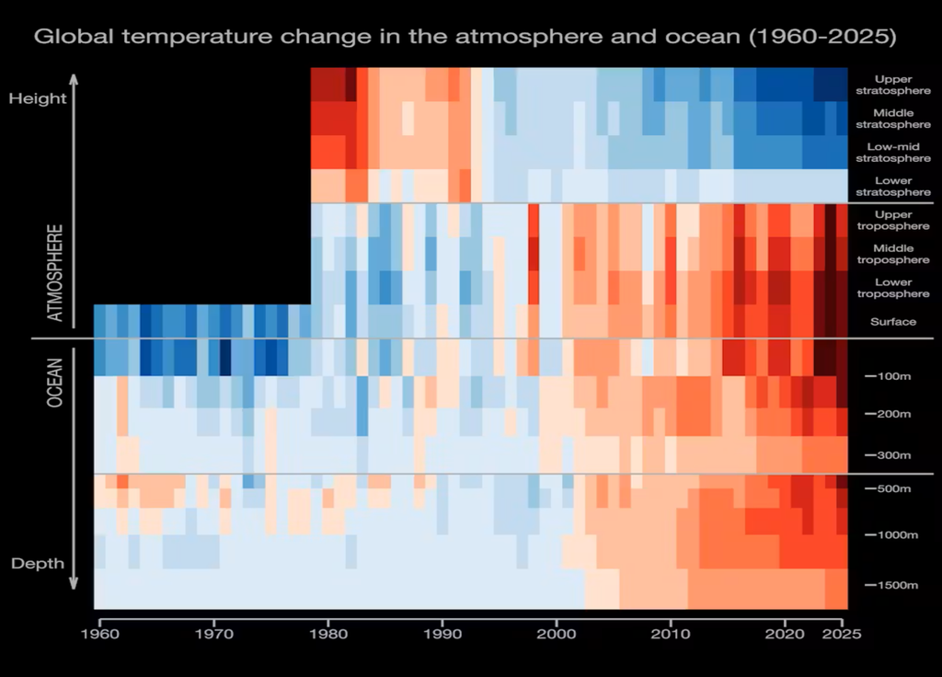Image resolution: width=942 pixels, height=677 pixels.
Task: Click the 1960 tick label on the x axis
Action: (x=98, y=635)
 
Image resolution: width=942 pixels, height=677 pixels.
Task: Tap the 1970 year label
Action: (x=213, y=635)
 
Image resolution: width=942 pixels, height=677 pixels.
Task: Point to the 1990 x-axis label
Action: (x=442, y=635)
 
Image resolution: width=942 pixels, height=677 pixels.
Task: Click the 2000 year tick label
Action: (x=557, y=635)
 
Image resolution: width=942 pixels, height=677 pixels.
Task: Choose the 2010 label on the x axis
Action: (x=671, y=635)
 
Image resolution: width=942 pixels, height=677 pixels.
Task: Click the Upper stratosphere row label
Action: (x=893, y=85)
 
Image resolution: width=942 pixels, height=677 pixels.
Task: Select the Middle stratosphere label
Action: (x=893, y=119)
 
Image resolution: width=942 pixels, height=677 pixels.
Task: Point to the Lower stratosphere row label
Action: (x=893, y=187)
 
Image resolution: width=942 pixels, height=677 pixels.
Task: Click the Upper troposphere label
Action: (x=893, y=220)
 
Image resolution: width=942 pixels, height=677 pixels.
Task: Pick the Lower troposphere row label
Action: (x=893, y=288)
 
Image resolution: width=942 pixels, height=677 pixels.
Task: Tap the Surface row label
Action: (x=893, y=322)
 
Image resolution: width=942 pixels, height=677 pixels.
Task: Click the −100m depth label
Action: (x=887, y=377)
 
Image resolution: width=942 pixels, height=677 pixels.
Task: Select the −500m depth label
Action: (x=887, y=488)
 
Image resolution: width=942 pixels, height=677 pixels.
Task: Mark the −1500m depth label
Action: (x=890, y=585)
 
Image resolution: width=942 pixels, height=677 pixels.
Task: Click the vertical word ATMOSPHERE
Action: (x=56, y=273)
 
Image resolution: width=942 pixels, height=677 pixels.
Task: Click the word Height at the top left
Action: (x=38, y=98)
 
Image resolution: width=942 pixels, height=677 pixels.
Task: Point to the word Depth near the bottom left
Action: (x=38, y=563)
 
